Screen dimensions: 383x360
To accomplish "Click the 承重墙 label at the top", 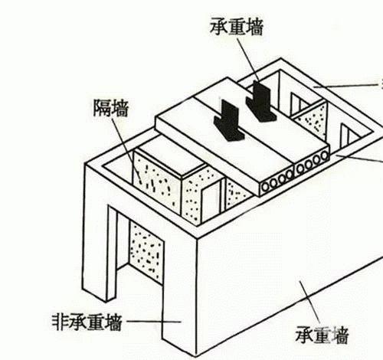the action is tap(237, 26).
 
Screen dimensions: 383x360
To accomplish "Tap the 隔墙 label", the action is tap(111, 107).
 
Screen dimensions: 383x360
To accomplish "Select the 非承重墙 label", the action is tap(87, 322).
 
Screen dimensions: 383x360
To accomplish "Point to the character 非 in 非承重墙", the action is tap(61, 322).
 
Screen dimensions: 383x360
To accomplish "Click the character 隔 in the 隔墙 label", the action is tap(102, 107).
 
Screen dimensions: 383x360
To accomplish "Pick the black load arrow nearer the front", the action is tap(229, 120).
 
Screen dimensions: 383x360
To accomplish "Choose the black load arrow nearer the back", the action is tap(261, 101).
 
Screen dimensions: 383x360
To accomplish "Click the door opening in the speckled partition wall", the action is tap(211, 201).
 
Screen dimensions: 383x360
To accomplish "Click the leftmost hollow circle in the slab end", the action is tap(266, 187).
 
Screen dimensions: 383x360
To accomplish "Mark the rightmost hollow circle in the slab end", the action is tap(325, 155).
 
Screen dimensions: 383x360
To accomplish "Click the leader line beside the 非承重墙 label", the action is tap(154, 322).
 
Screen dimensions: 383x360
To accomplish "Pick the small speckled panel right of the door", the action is tap(236, 194).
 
